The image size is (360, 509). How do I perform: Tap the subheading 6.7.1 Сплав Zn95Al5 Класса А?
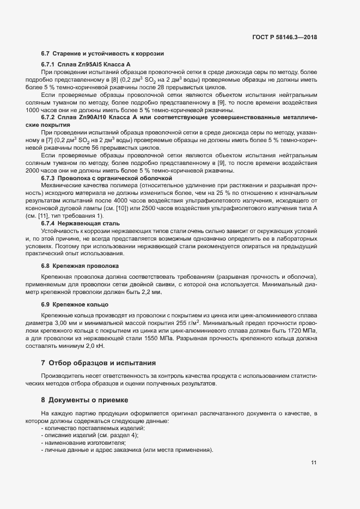tap(86, 64)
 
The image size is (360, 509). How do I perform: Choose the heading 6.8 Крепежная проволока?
tap(80, 266)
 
